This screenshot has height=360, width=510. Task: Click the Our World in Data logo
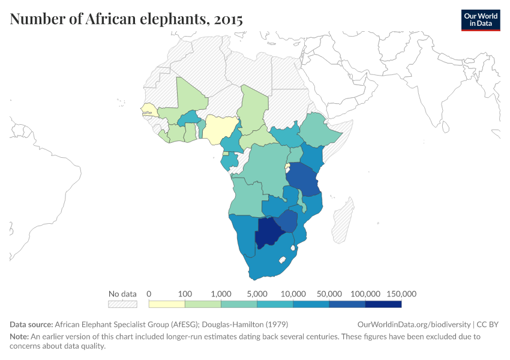point(480,20)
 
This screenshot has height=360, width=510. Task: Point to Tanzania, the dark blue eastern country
point(303,180)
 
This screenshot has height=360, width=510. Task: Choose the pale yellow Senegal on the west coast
point(149,109)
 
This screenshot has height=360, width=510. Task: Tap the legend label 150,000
point(401,294)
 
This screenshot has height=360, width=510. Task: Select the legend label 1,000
point(221,294)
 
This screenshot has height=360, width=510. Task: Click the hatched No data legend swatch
point(122,304)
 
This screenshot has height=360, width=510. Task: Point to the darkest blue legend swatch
point(383,304)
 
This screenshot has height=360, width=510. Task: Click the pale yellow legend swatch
point(167,304)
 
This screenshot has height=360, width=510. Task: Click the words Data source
point(31,324)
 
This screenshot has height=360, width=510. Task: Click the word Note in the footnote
point(20,337)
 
